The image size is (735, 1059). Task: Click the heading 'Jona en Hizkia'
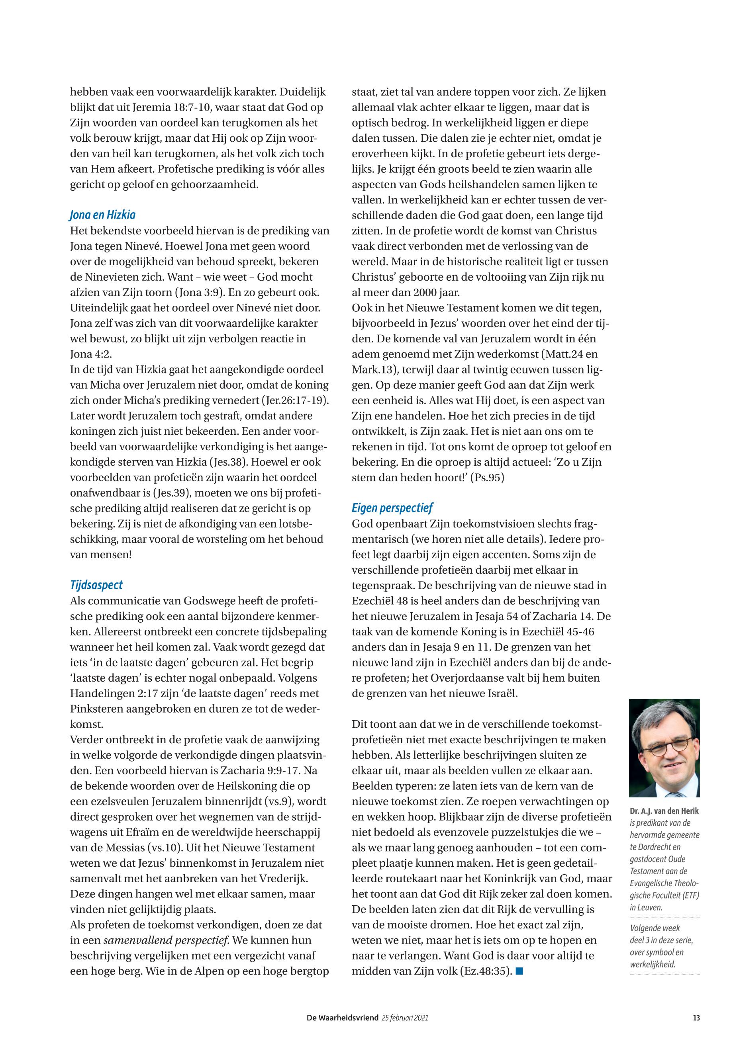(x=102, y=215)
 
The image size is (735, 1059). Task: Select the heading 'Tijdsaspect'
(x=96, y=585)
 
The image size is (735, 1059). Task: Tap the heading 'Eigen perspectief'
(x=392, y=508)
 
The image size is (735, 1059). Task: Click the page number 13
(x=696, y=1018)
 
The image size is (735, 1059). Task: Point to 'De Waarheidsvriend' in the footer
(x=342, y=1018)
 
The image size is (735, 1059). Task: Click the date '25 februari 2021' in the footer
(x=405, y=1018)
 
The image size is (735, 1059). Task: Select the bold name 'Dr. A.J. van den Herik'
(x=664, y=811)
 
